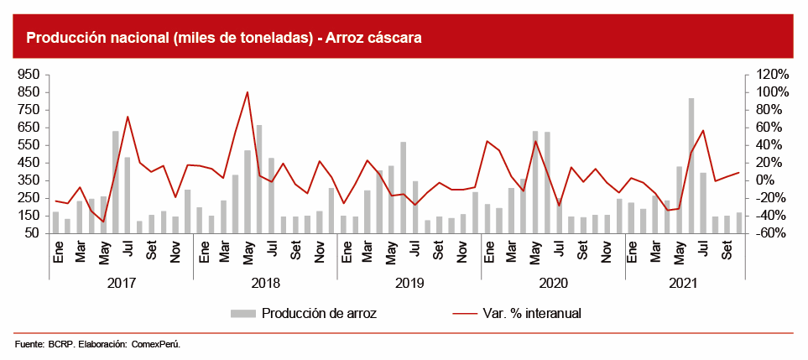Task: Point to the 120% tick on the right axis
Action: pyautogui.click(x=767, y=75)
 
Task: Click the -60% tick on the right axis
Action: pyautogui.click(x=767, y=233)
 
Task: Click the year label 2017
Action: pyautogui.click(x=122, y=284)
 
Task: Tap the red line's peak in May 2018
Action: pyautogui.click(x=248, y=92)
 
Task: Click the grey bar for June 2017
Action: pyautogui.click(x=116, y=182)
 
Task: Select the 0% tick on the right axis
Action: pyautogui.click(x=767, y=180)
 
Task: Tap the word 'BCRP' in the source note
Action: pyautogui.click(x=60, y=344)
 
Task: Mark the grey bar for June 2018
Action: pyautogui.click(x=259, y=179)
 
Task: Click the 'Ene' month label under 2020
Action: pyautogui.click(x=487, y=251)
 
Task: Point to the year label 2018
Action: pyautogui.click(x=265, y=284)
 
